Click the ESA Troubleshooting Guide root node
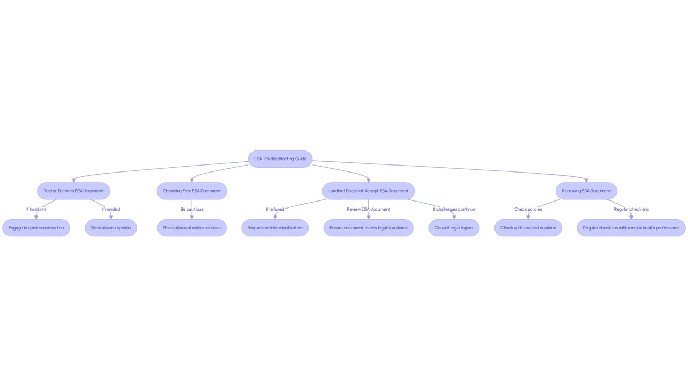click(x=280, y=159)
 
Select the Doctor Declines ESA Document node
click(x=74, y=191)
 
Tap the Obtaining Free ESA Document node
click(x=192, y=191)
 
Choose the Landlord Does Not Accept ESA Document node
click(x=369, y=191)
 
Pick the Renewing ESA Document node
click(x=586, y=191)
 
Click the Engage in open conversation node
click(x=36, y=228)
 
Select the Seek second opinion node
click(x=111, y=228)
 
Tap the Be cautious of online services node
click(x=192, y=228)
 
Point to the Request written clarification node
click(x=275, y=228)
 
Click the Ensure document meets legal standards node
click(x=369, y=228)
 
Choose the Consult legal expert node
click(x=454, y=228)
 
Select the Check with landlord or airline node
click(x=528, y=228)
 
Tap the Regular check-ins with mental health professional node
click(x=631, y=228)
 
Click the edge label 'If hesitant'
click(x=36, y=209)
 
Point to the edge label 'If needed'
click(x=111, y=209)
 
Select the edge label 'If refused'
click(x=275, y=209)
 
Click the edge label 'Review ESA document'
click(x=369, y=209)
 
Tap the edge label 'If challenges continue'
click(x=454, y=209)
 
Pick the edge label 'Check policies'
click(x=528, y=209)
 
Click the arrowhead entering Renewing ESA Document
click(x=586, y=181)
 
